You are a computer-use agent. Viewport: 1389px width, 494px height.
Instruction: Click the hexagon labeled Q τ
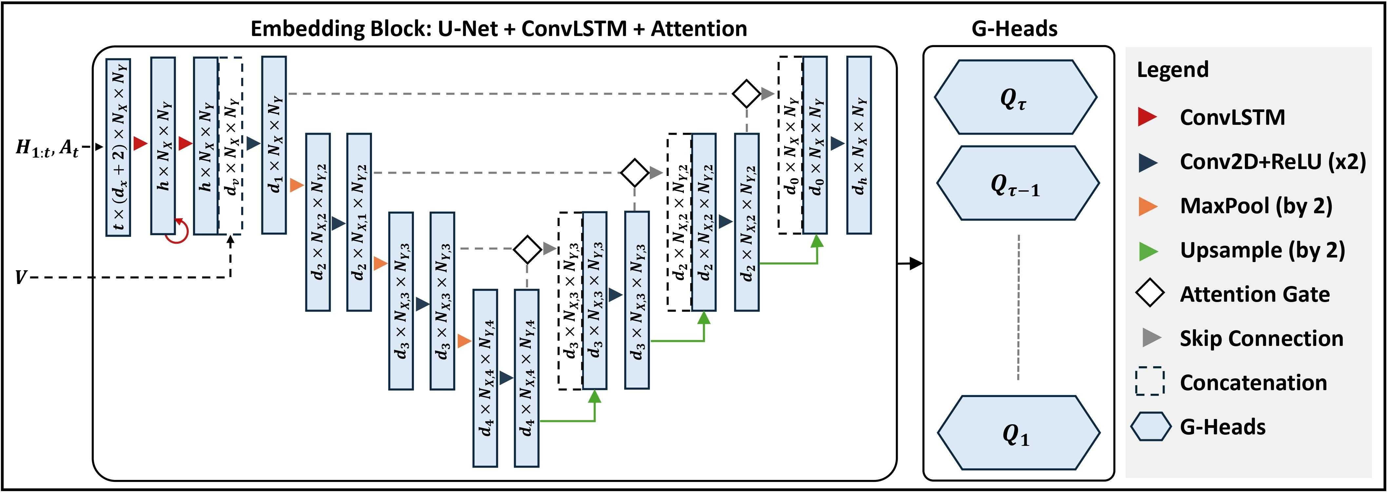point(1015,97)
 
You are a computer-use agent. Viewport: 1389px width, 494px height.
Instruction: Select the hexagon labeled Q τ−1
point(1017,183)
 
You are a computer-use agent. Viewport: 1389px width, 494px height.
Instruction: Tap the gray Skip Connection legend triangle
point(1151,338)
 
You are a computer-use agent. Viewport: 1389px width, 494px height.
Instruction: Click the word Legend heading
point(1172,69)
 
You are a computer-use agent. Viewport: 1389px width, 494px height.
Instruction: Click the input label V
point(21,277)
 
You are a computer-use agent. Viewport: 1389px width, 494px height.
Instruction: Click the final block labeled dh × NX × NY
point(858,145)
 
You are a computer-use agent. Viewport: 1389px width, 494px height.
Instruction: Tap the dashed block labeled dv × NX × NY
point(231,145)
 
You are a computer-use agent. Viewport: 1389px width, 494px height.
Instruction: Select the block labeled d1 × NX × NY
point(274,145)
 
